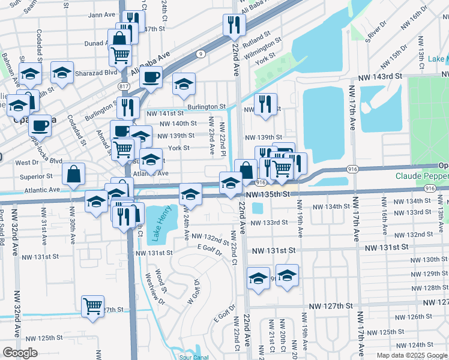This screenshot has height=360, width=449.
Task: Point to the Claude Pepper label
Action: [x=421, y=176]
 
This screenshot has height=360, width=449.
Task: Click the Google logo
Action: [x=20, y=352]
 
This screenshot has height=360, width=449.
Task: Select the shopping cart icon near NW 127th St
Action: [x=93, y=306]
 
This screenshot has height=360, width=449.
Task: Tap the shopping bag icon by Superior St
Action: [x=73, y=175]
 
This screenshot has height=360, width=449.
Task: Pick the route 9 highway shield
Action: [x=199, y=54]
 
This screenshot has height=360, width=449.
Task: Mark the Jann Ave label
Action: [x=101, y=15]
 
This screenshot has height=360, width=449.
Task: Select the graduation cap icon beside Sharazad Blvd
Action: [x=62, y=73]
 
